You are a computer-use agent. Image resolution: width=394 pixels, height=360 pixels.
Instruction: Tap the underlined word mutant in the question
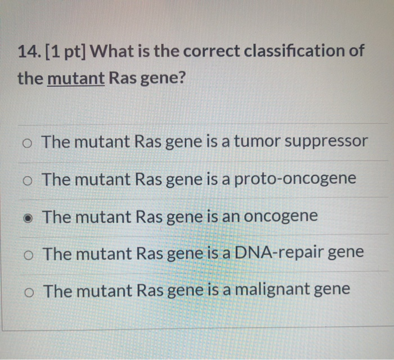(x=76, y=78)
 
